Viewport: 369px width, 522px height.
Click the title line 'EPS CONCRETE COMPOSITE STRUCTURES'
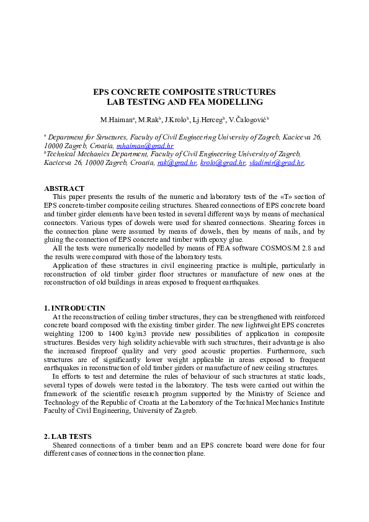point(184,92)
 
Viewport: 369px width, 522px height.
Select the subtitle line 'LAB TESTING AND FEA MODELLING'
point(184,102)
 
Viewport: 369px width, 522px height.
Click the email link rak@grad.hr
point(177,163)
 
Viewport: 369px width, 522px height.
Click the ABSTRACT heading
point(64,188)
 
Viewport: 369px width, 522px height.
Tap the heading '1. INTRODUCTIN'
point(74,307)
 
